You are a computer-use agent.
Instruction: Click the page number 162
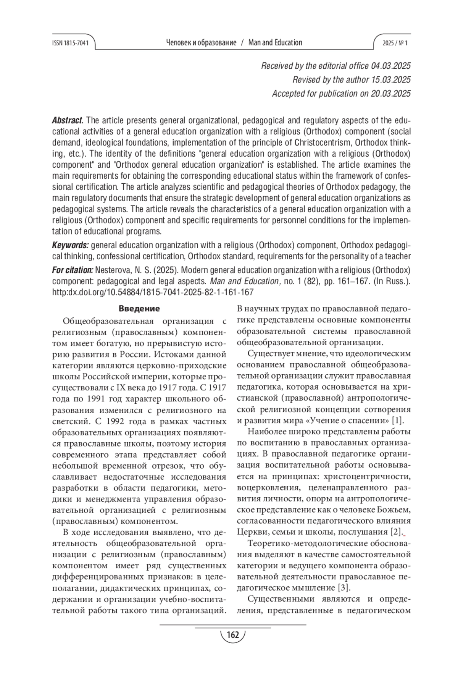[232, 635]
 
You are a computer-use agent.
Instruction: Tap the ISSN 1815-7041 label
[70, 43]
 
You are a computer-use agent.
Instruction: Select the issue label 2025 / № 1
[395, 43]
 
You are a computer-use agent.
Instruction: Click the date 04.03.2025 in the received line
[391, 66]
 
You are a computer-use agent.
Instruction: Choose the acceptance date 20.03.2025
[391, 94]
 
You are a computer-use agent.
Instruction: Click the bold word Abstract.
[68, 121]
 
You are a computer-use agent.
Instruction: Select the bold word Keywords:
[71, 245]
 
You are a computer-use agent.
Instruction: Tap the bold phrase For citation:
[73, 270]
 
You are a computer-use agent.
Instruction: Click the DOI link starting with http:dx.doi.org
[153, 292]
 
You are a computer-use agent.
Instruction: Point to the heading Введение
[139, 309]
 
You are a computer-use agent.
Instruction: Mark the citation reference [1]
[398, 421]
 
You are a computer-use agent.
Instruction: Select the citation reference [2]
[396, 532]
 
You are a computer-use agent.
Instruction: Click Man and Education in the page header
[275, 43]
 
